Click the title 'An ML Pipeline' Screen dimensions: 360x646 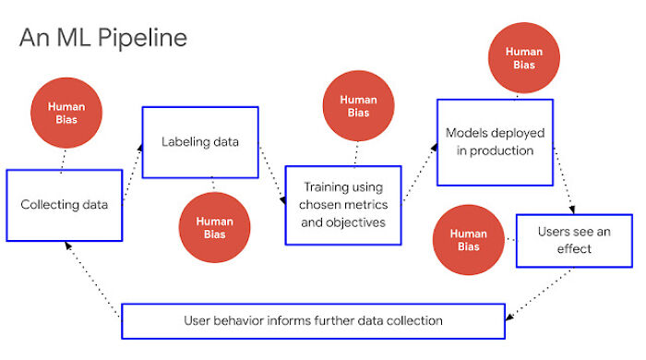pos(102,38)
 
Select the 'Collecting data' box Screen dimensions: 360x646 pos(64,204)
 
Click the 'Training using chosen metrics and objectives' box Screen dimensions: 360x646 pos(343,205)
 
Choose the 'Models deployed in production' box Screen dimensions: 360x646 pos(495,142)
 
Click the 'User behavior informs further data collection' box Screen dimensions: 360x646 pos(313,321)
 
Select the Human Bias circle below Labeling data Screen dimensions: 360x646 pos(214,227)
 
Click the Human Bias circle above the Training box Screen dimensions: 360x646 pos(357,106)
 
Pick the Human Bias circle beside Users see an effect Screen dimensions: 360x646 pos(468,240)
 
